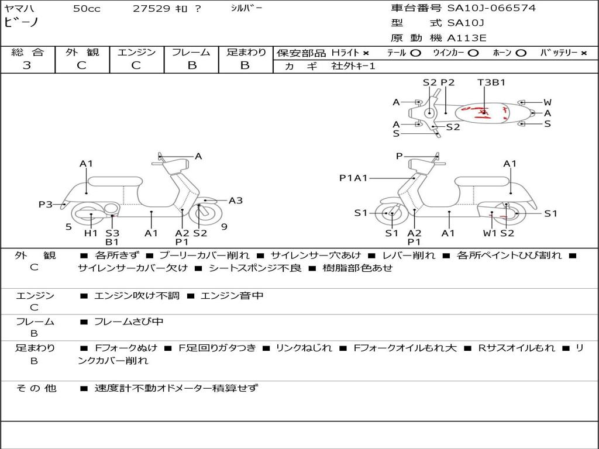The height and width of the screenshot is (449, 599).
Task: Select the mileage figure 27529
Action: [151, 9]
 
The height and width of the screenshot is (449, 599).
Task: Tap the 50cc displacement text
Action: [87, 9]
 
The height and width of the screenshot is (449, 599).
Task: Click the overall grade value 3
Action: [27, 65]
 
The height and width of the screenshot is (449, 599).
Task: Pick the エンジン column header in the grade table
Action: [136, 52]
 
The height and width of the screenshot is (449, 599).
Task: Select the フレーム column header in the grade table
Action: [191, 52]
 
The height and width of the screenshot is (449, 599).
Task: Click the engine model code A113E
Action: [467, 39]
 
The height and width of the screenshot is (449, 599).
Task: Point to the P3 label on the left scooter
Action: [46, 204]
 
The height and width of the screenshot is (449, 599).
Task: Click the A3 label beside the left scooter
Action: [236, 201]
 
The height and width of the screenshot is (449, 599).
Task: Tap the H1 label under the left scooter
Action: [91, 233]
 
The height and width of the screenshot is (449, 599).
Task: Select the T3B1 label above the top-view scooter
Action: [491, 82]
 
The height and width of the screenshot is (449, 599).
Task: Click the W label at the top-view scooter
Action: [547, 102]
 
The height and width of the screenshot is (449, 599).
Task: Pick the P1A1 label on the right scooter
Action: [353, 178]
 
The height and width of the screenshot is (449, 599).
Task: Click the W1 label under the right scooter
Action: [489, 233]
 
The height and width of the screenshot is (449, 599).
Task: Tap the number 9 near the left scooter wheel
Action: [224, 227]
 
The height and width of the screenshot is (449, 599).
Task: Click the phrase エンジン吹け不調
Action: [137, 296]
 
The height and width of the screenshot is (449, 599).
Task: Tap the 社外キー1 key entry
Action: [354, 66]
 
